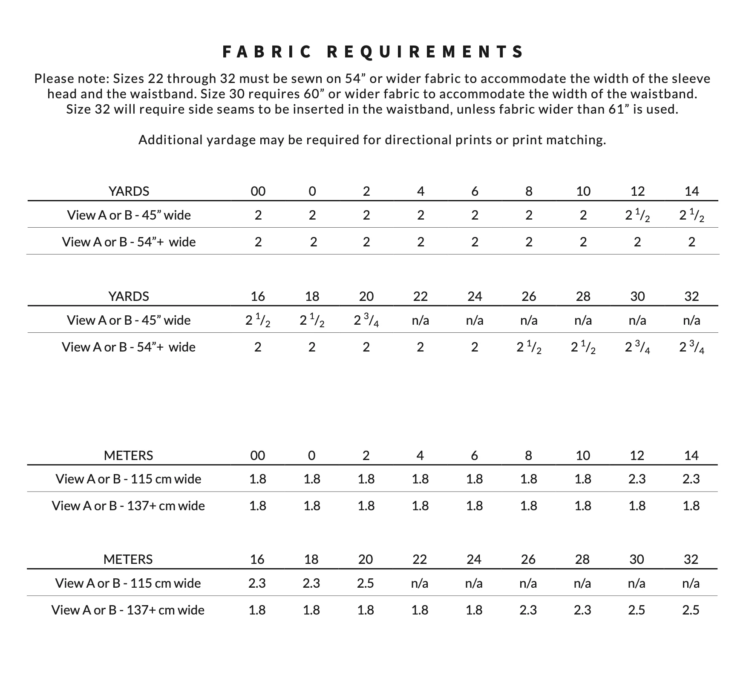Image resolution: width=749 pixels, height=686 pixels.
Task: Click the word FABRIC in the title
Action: pos(267,52)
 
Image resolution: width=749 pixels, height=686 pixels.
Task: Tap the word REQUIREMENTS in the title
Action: pos(425,52)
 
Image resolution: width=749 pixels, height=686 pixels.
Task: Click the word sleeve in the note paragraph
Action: pos(691,79)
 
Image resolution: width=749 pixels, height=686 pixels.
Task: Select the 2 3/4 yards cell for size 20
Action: pos(366,321)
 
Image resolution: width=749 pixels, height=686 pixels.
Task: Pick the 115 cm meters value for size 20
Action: pos(366,583)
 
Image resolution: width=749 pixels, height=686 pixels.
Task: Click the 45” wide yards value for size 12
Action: pos(637,216)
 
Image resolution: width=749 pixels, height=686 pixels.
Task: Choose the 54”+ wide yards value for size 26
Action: pos(529,348)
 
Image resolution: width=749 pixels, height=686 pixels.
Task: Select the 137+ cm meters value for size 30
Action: pos(637,610)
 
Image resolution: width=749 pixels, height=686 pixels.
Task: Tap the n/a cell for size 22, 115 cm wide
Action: pos(420,583)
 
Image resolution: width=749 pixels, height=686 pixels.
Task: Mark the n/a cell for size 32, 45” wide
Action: pos(691,320)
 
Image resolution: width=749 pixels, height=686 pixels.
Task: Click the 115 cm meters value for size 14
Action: pos(691,479)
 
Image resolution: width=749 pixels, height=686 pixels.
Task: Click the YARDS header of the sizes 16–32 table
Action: pos(129,296)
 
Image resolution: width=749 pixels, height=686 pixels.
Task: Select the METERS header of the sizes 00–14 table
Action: pos(128,456)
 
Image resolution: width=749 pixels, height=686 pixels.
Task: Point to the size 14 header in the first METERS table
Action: pos(691,456)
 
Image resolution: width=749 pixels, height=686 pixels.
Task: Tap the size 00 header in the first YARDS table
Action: pos(258,192)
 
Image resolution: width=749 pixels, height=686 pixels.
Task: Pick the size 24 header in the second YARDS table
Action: pos(475,296)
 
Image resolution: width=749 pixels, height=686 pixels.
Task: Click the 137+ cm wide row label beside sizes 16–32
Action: pos(128,610)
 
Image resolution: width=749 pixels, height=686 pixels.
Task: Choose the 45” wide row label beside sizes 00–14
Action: pos(129,215)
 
